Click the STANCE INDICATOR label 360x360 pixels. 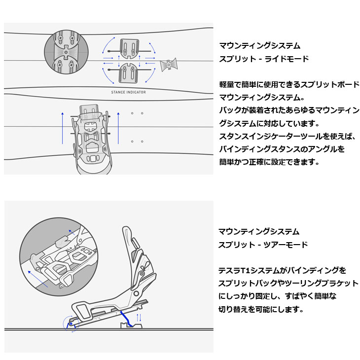[128, 92]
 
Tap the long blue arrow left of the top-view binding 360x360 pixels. [63, 128]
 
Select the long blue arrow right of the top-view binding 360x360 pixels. [118, 128]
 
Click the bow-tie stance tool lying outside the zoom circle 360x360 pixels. [169, 65]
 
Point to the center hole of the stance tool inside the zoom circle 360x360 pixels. [66, 52]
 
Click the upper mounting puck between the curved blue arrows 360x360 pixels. [130, 49]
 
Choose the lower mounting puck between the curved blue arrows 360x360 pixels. [129, 73]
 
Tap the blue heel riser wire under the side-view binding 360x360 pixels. [127, 319]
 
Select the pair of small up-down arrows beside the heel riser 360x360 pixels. [139, 318]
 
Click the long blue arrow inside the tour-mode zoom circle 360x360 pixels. [38, 279]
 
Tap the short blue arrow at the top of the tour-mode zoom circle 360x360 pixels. [72, 232]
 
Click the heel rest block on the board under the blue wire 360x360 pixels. [132, 325]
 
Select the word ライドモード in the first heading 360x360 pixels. [287, 59]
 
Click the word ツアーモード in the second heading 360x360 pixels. [286, 245]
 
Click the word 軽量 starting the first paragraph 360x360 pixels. [227, 84]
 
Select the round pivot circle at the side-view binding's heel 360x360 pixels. [136, 293]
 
